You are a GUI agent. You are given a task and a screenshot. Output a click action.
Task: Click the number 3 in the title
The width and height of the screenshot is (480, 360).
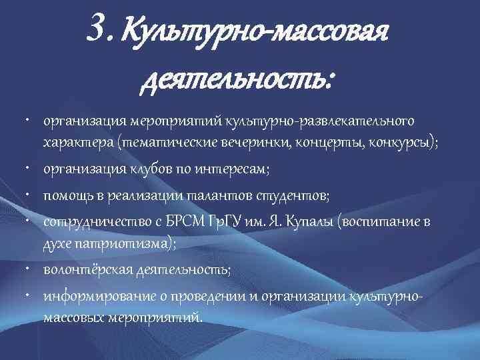pos(95,29)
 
